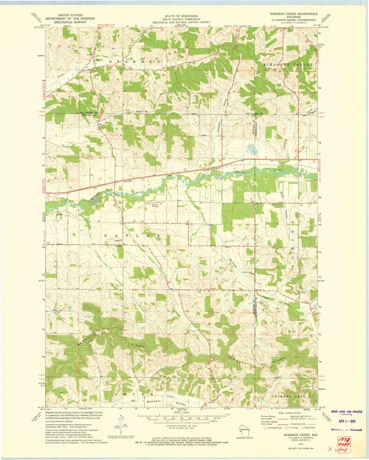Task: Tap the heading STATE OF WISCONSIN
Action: pos(184,13)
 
